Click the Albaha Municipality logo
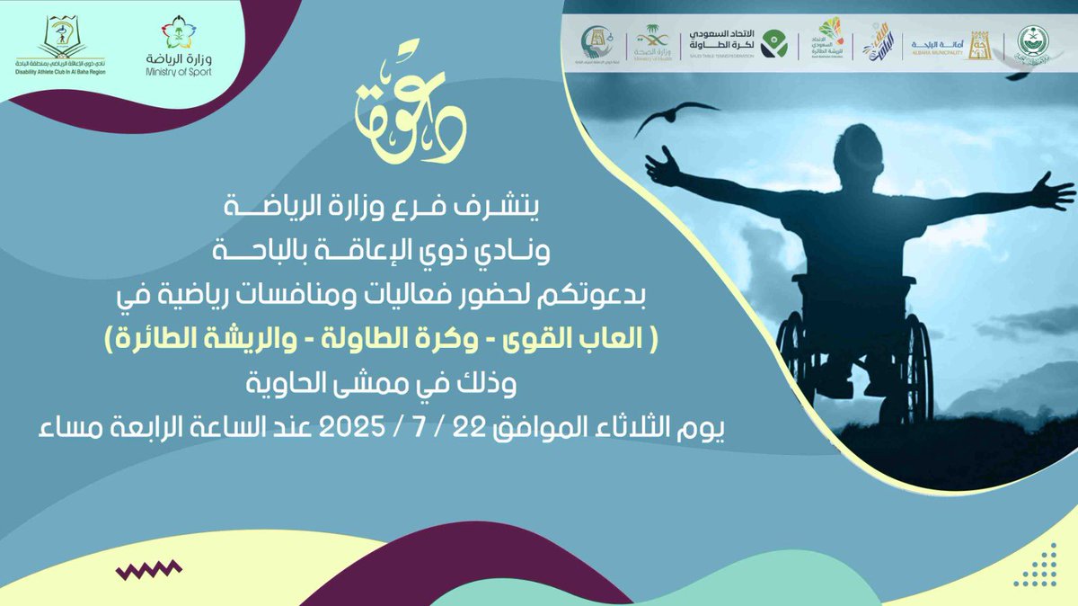point(940,42)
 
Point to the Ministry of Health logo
point(652,42)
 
